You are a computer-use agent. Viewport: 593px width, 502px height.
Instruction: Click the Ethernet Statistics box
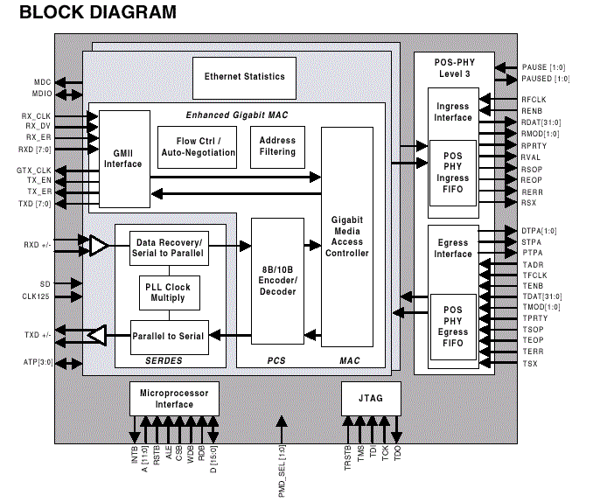pos(244,77)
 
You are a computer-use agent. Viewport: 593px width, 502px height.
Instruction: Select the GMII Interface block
pos(122,158)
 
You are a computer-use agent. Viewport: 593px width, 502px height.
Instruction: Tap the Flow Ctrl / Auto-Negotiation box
pos(198,147)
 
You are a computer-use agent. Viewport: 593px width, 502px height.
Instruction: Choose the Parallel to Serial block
pos(169,336)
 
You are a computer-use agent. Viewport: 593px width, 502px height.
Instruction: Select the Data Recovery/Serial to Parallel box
pos(169,248)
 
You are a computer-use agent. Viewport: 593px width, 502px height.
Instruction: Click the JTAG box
pos(372,399)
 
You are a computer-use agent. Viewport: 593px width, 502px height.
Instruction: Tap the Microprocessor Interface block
pos(174,399)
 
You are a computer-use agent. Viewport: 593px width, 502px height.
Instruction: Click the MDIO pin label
pos(41,93)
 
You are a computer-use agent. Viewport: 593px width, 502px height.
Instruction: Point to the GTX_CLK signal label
pos(34,170)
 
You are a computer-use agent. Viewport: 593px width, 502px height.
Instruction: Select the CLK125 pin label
pos(37,296)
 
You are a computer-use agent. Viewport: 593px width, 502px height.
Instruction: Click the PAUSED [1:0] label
pos(545,79)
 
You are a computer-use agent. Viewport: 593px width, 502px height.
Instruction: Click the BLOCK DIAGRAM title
pos(97,13)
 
